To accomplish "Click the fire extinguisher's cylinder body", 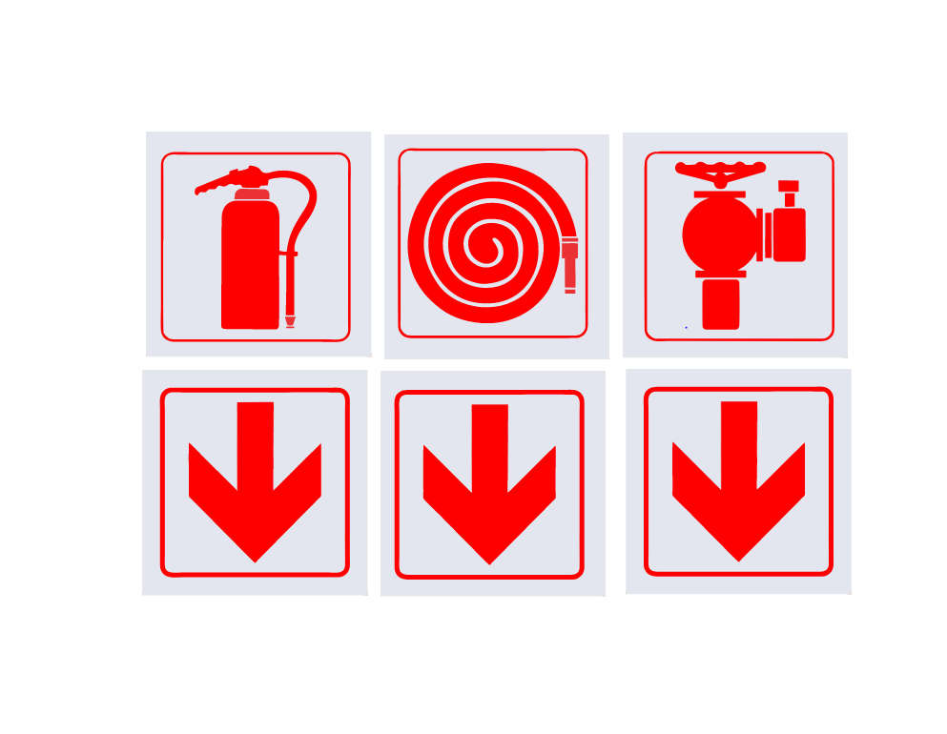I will (x=250, y=267).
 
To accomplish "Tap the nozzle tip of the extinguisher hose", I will (x=290, y=321).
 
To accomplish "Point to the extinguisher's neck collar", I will (x=251, y=194).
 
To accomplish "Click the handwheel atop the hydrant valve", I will (x=720, y=171).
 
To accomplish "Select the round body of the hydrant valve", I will (x=720, y=234).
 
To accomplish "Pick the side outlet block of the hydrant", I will (x=789, y=234).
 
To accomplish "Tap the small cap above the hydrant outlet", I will (x=789, y=186).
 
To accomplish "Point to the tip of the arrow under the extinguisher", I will (x=255, y=560).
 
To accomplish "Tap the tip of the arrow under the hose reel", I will (x=489, y=562).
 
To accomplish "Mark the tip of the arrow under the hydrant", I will (x=738, y=560).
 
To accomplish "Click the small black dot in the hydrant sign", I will (x=686, y=327).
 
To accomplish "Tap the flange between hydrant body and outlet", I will (x=764, y=234).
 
